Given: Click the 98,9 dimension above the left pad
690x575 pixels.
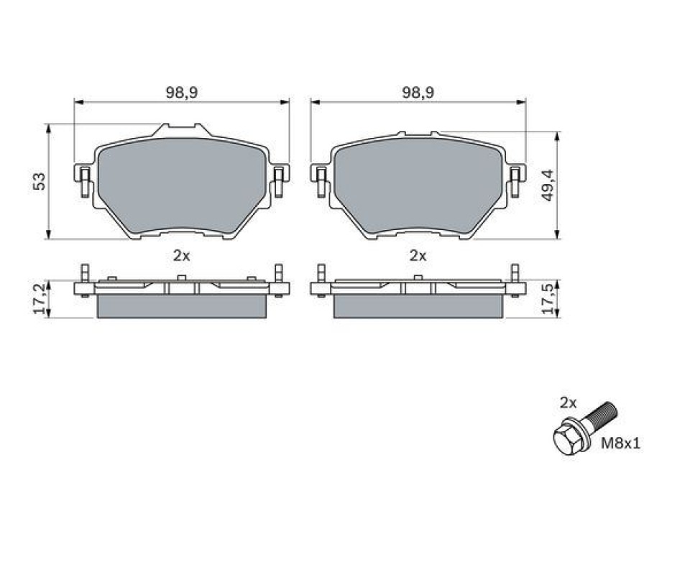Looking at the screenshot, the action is pyautogui.click(x=181, y=93).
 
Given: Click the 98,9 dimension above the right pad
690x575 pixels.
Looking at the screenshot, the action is pyautogui.click(x=418, y=93).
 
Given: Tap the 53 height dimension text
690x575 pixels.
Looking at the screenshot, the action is pyautogui.click(x=40, y=181).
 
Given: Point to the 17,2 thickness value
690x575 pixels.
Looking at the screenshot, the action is pyautogui.click(x=40, y=299).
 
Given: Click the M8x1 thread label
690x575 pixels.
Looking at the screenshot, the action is pyautogui.click(x=621, y=443).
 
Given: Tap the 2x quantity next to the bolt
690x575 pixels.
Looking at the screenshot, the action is pyautogui.click(x=568, y=402).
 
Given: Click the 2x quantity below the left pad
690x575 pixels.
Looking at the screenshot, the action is pyautogui.click(x=181, y=256).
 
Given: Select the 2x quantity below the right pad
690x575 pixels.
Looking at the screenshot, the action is pyautogui.click(x=418, y=256).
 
